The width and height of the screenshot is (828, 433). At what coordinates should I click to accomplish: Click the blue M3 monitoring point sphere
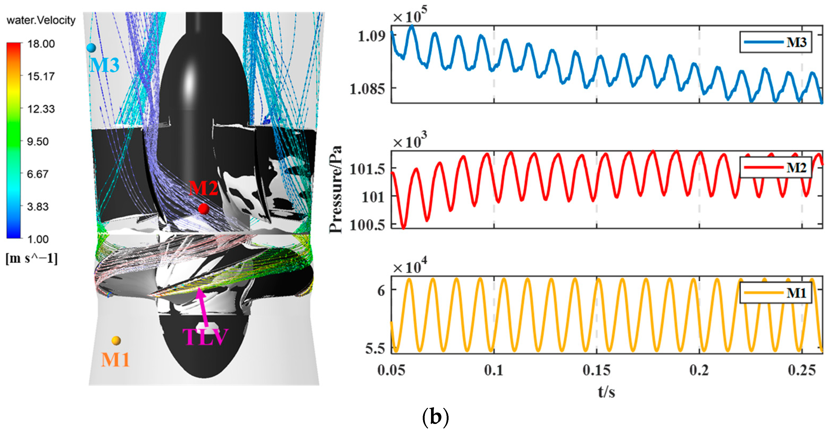91,48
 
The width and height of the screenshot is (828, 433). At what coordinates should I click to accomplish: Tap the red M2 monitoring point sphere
203,209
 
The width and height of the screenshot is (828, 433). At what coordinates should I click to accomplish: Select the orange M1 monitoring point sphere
116,340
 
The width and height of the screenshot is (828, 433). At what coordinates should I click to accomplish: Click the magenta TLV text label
205,337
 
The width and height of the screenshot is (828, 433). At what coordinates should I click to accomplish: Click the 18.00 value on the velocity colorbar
41,44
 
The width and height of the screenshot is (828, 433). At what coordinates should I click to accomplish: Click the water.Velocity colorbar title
41,20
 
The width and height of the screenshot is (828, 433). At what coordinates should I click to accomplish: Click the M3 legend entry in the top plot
775,42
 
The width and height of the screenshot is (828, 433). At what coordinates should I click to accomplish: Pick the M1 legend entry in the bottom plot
775,293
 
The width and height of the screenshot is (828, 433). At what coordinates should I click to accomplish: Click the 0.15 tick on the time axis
597,370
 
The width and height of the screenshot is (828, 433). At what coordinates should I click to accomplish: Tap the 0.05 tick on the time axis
391,370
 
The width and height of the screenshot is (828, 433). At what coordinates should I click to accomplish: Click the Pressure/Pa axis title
336,190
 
